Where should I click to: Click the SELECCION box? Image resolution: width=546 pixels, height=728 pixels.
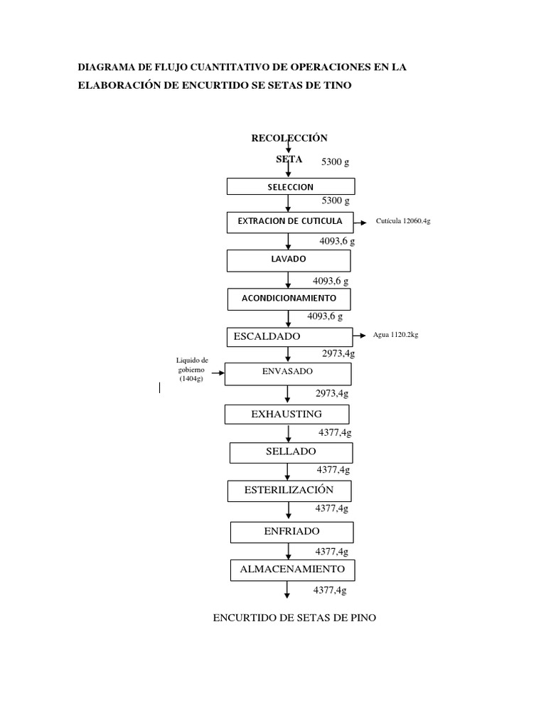point(291,186)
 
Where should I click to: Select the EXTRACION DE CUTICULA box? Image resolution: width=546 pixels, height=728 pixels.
point(290,223)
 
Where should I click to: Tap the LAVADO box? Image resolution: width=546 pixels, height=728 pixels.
point(289,261)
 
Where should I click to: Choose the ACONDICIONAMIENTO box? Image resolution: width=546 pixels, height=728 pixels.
point(289,299)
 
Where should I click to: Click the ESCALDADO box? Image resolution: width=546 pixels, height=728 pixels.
point(290,337)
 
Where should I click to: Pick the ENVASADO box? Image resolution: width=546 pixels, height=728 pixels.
point(288,374)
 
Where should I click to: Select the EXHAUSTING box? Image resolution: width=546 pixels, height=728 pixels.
point(287,414)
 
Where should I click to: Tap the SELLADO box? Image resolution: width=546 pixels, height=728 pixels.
point(291,453)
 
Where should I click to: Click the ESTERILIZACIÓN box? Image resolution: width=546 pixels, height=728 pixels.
point(289,491)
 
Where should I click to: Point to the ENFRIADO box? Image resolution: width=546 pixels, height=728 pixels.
point(292,532)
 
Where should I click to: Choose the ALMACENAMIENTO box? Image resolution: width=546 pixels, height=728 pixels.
point(292,570)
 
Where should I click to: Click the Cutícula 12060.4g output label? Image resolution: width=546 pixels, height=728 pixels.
point(403,221)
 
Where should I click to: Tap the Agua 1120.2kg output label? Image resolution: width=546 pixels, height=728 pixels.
point(395,335)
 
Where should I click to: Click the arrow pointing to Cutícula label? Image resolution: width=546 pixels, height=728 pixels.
point(360,223)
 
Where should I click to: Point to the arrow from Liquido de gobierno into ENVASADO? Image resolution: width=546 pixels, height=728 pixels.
point(218,373)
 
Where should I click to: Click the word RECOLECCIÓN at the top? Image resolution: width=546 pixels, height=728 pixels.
point(289,138)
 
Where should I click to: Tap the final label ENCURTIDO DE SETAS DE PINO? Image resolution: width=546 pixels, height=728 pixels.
point(294,618)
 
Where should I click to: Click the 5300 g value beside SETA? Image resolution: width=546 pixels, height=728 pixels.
point(336,162)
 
